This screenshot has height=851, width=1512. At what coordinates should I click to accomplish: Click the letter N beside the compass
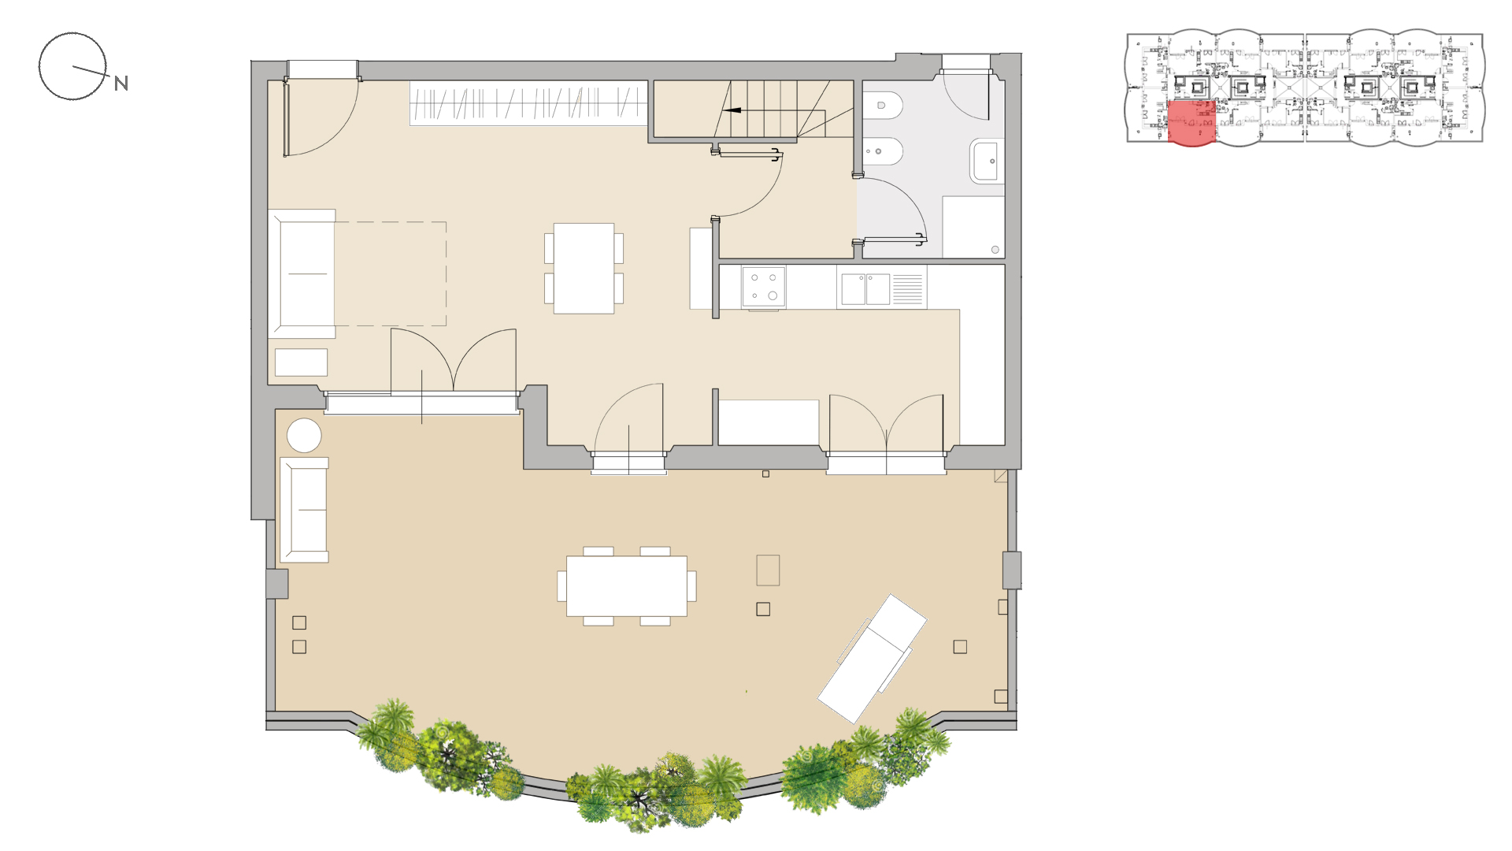tap(121, 84)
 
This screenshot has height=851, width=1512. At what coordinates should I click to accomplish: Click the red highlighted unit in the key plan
tap(1191, 123)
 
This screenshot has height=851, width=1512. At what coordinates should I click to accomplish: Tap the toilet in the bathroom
tap(882, 105)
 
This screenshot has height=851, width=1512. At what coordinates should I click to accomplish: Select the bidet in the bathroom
tap(882, 151)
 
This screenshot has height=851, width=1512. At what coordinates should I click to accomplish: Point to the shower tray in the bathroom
tap(973, 227)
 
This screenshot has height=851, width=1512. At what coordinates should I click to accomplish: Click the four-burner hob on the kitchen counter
tap(763, 287)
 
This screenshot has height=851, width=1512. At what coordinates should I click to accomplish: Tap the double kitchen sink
tap(865, 289)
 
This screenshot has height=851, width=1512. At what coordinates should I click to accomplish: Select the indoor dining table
tap(584, 269)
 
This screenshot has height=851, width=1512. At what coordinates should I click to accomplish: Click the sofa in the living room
tap(302, 273)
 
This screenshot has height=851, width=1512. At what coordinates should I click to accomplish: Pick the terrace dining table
tap(627, 586)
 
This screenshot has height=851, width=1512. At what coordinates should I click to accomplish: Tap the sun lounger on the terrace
tap(872, 659)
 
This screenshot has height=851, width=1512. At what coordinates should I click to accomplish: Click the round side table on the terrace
tap(304, 436)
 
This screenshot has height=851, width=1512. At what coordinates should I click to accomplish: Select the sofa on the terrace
tap(304, 510)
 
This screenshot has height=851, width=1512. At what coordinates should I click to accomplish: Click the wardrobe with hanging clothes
tap(528, 103)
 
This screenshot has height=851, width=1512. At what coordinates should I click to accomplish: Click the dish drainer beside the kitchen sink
tap(908, 289)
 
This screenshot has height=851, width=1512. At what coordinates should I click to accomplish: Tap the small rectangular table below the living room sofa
tap(301, 362)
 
